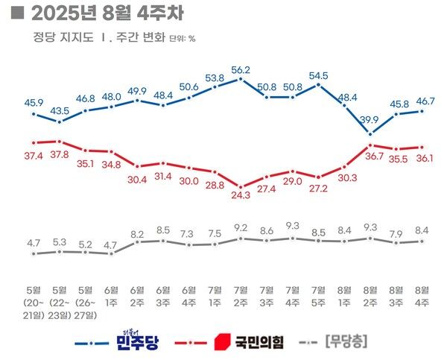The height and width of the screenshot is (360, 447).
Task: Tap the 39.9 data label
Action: (370, 121)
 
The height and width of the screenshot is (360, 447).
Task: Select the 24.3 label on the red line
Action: (241, 198)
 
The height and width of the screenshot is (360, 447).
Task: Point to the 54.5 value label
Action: (318, 75)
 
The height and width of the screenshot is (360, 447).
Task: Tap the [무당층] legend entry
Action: (347, 343)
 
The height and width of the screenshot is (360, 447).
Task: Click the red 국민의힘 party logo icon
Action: (221, 343)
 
